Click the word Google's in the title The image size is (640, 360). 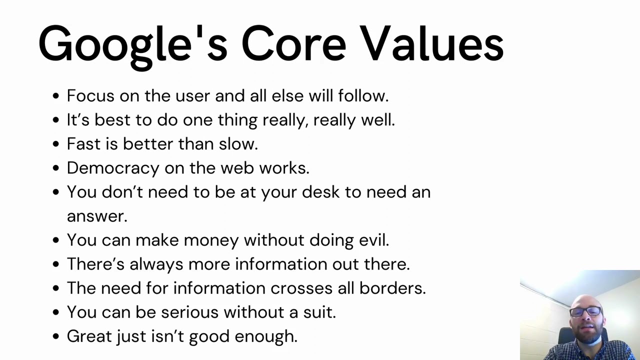tap(132, 44)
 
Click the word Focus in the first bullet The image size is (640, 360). tap(87, 95)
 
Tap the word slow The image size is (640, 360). tap(238, 144)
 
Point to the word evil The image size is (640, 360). tap(373, 240)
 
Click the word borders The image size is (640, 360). tap(397, 288)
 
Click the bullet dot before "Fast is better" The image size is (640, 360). tap(55, 144)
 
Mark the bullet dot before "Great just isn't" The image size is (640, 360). tap(55, 336)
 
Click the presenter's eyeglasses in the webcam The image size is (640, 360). tap(585, 311)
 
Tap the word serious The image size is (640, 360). tap(189, 312)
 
